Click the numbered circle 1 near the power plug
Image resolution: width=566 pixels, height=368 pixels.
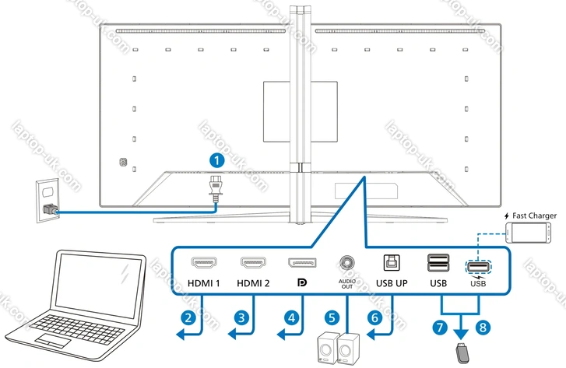click(219, 160)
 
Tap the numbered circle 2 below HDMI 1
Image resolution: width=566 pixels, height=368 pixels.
click(186, 317)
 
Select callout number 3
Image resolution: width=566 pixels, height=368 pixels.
click(242, 317)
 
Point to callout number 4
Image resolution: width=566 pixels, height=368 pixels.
click(291, 317)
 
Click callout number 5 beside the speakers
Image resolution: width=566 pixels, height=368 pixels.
click(332, 317)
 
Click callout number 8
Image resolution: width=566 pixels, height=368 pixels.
click(484, 328)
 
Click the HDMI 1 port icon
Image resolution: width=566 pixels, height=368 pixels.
click(204, 262)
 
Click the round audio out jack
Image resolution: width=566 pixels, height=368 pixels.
click(346, 262)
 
